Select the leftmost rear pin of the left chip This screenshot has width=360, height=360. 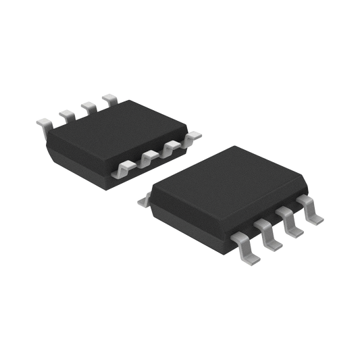click(x=43, y=123)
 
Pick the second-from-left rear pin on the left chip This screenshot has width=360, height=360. click(x=65, y=114)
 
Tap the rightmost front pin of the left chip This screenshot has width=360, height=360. click(x=194, y=136)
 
